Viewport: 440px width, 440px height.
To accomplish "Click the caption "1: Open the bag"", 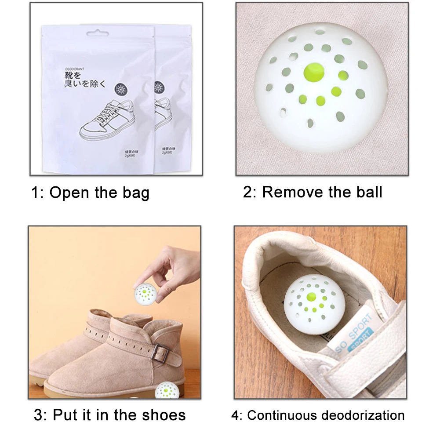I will [90, 193].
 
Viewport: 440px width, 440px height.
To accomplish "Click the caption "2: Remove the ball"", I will [313, 192].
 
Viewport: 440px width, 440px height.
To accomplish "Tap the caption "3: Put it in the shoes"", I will [109, 415].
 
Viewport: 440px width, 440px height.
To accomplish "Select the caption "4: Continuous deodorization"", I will [318, 415].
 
